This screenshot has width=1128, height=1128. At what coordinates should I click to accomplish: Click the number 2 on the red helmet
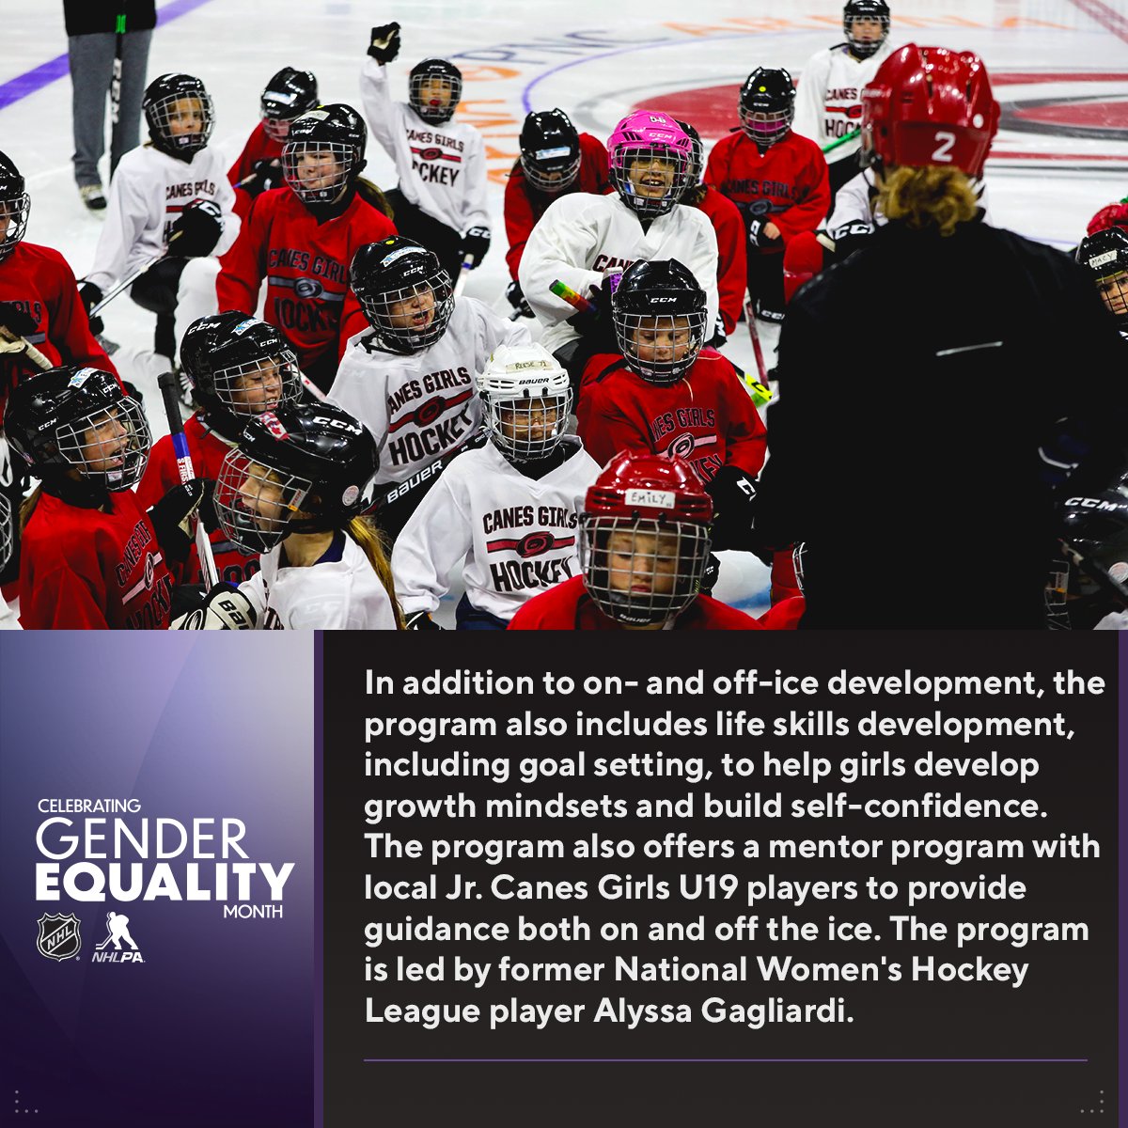click(943, 147)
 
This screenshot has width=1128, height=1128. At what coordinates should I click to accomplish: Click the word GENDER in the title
click(142, 839)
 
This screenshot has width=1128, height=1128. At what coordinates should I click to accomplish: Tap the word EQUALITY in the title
click(164, 882)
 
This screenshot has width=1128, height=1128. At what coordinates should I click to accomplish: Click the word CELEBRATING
click(89, 807)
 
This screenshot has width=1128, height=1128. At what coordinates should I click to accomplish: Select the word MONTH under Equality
click(254, 912)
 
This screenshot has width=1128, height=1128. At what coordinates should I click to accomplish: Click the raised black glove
click(384, 43)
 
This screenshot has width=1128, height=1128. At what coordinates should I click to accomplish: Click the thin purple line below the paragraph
click(725, 1060)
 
